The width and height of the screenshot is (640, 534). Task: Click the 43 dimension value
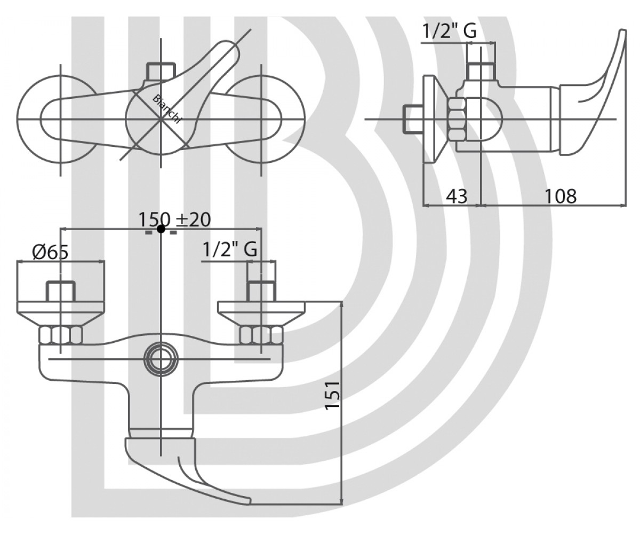coord(457,196)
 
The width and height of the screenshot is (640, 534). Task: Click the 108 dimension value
coord(561,196)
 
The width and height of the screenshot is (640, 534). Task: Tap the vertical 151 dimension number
coord(333,395)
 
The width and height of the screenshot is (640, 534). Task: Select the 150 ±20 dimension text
coord(175,219)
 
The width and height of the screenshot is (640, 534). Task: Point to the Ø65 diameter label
coord(50,253)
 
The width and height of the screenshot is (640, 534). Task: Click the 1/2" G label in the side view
coord(450,30)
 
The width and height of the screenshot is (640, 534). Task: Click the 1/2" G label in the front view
coord(229,249)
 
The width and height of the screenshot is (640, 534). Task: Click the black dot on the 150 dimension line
coord(161,229)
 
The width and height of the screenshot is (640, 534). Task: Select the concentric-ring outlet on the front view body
coord(161,358)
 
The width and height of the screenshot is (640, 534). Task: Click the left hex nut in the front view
coord(61,335)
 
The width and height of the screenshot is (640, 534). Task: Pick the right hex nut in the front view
coord(261,335)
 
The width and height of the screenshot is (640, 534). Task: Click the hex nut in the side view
coord(457,119)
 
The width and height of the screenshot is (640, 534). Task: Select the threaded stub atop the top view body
coord(161,71)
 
